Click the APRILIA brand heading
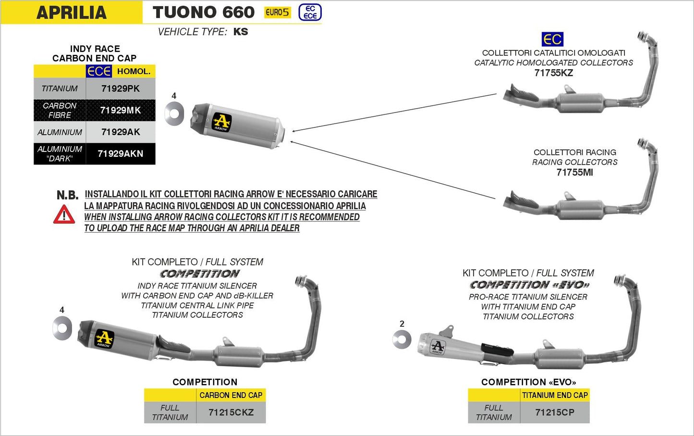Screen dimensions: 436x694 (x=72, y=12)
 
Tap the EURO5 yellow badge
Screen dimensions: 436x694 (x=278, y=12)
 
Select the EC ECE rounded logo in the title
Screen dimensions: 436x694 (x=310, y=12)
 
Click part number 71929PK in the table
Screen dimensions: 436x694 (x=121, y=88)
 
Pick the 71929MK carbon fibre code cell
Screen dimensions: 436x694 (x=121, y=110)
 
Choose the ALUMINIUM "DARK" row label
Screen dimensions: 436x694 (x=60, y=154)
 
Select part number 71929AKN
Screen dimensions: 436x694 (x=121, y=154)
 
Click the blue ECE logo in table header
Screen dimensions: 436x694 (x=99, y=71)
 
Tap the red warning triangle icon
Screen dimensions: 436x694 (x=64, y=215)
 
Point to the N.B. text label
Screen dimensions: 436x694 (x=67, y=195)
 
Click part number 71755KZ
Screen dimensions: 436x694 (x=553, y=73)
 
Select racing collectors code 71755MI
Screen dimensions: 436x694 (x=574, y=172)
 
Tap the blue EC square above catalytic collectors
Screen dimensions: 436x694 (x=552, y=39)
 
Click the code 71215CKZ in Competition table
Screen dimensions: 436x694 (x=231, y=412)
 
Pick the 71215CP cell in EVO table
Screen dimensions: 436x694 (x=555, y=412)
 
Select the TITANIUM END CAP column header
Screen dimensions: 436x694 (x=555, y=395)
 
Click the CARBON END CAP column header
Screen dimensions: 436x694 (x=231, y=395)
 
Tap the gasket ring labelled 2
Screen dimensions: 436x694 (x=402, y=340)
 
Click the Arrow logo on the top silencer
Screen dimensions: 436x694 (x=221, y=122)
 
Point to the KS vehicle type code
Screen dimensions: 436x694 (x=241, y=32)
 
